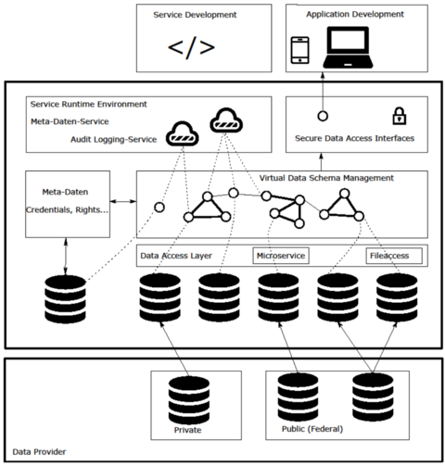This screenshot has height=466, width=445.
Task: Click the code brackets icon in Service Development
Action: (191, 47)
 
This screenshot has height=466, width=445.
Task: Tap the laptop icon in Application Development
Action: (348, 47)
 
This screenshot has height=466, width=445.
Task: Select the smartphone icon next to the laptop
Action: (299, 50)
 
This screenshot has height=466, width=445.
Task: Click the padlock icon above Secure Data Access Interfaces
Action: (400, 116)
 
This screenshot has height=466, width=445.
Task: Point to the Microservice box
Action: (281, 256)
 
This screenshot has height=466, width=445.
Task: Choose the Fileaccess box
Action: (394, 256)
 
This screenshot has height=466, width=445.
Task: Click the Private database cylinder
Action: (189, 400)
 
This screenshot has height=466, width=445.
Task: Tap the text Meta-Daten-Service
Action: (70, 121)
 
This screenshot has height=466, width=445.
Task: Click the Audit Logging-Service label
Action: (113, 140)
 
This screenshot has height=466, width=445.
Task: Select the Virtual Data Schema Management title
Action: (326, 178)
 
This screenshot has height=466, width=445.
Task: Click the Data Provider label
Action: (39, 452)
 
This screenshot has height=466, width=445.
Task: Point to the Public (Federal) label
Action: (312, 429)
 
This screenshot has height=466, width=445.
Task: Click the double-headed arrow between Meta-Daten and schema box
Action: (123, 201)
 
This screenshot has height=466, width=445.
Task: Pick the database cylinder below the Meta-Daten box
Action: (65, 299)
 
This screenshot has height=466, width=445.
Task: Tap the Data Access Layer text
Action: (176, 256)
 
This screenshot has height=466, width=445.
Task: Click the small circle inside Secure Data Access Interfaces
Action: (323, 116)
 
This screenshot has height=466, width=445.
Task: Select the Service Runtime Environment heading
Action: (89, 104)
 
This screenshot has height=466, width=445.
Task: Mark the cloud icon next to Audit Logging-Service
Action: (183, 134)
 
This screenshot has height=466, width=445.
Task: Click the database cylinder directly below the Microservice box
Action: (278, 297)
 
